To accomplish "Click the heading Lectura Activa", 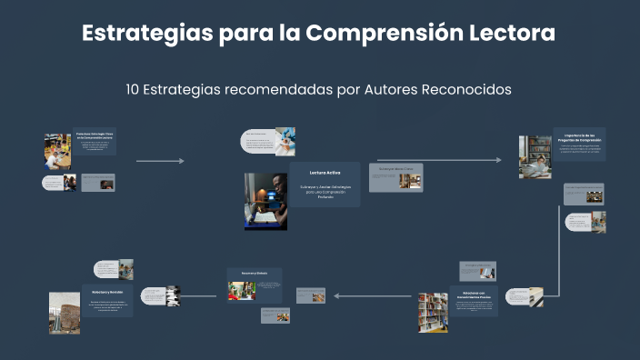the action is pos(325,172).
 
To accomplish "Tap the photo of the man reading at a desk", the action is pos(265,201).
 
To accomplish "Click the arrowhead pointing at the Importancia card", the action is pos(498,160).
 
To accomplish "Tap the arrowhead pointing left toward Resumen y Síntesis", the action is pos(337,295).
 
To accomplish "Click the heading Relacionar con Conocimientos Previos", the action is pos(473,295).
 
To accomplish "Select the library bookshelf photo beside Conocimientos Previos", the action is pos(432,312).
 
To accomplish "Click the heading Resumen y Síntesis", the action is pos(255,273).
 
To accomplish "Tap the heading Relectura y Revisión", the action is pos(107,293).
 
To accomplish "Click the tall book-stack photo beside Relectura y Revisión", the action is pos(65,312).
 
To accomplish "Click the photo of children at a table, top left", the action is pos(57,151).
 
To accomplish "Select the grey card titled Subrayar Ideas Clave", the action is pos(395,177).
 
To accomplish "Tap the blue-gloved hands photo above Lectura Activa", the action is pos(285,141).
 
